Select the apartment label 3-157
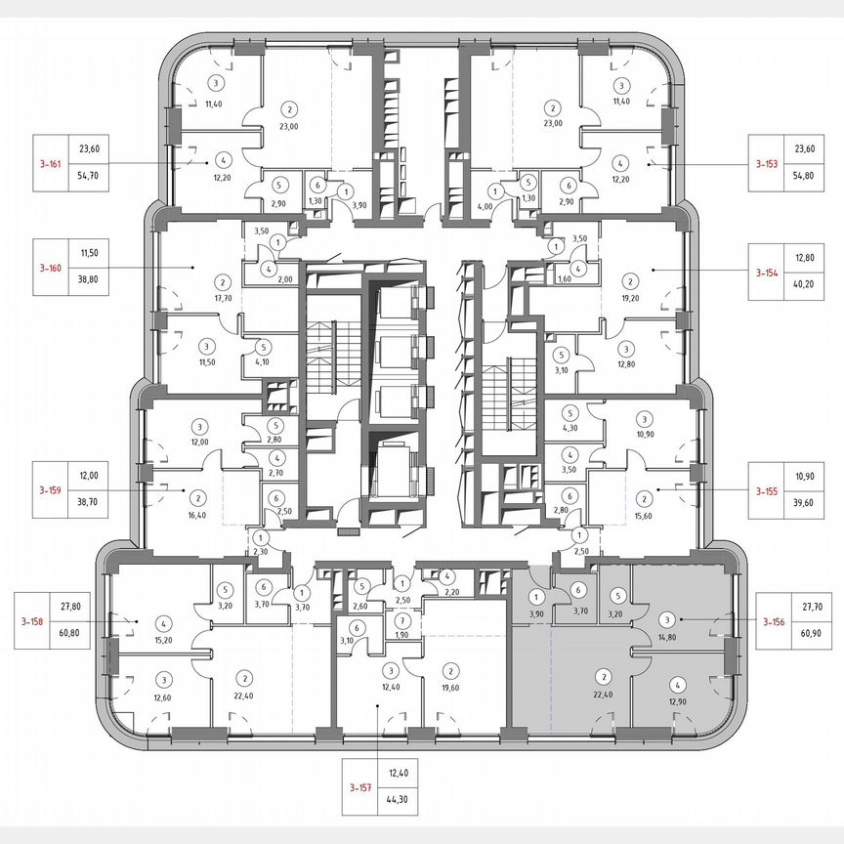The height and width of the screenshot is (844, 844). [x=361, y=785]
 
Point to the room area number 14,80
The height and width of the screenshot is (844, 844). [x=667, y=638]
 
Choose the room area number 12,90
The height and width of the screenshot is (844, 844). [x=674, y=702]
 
